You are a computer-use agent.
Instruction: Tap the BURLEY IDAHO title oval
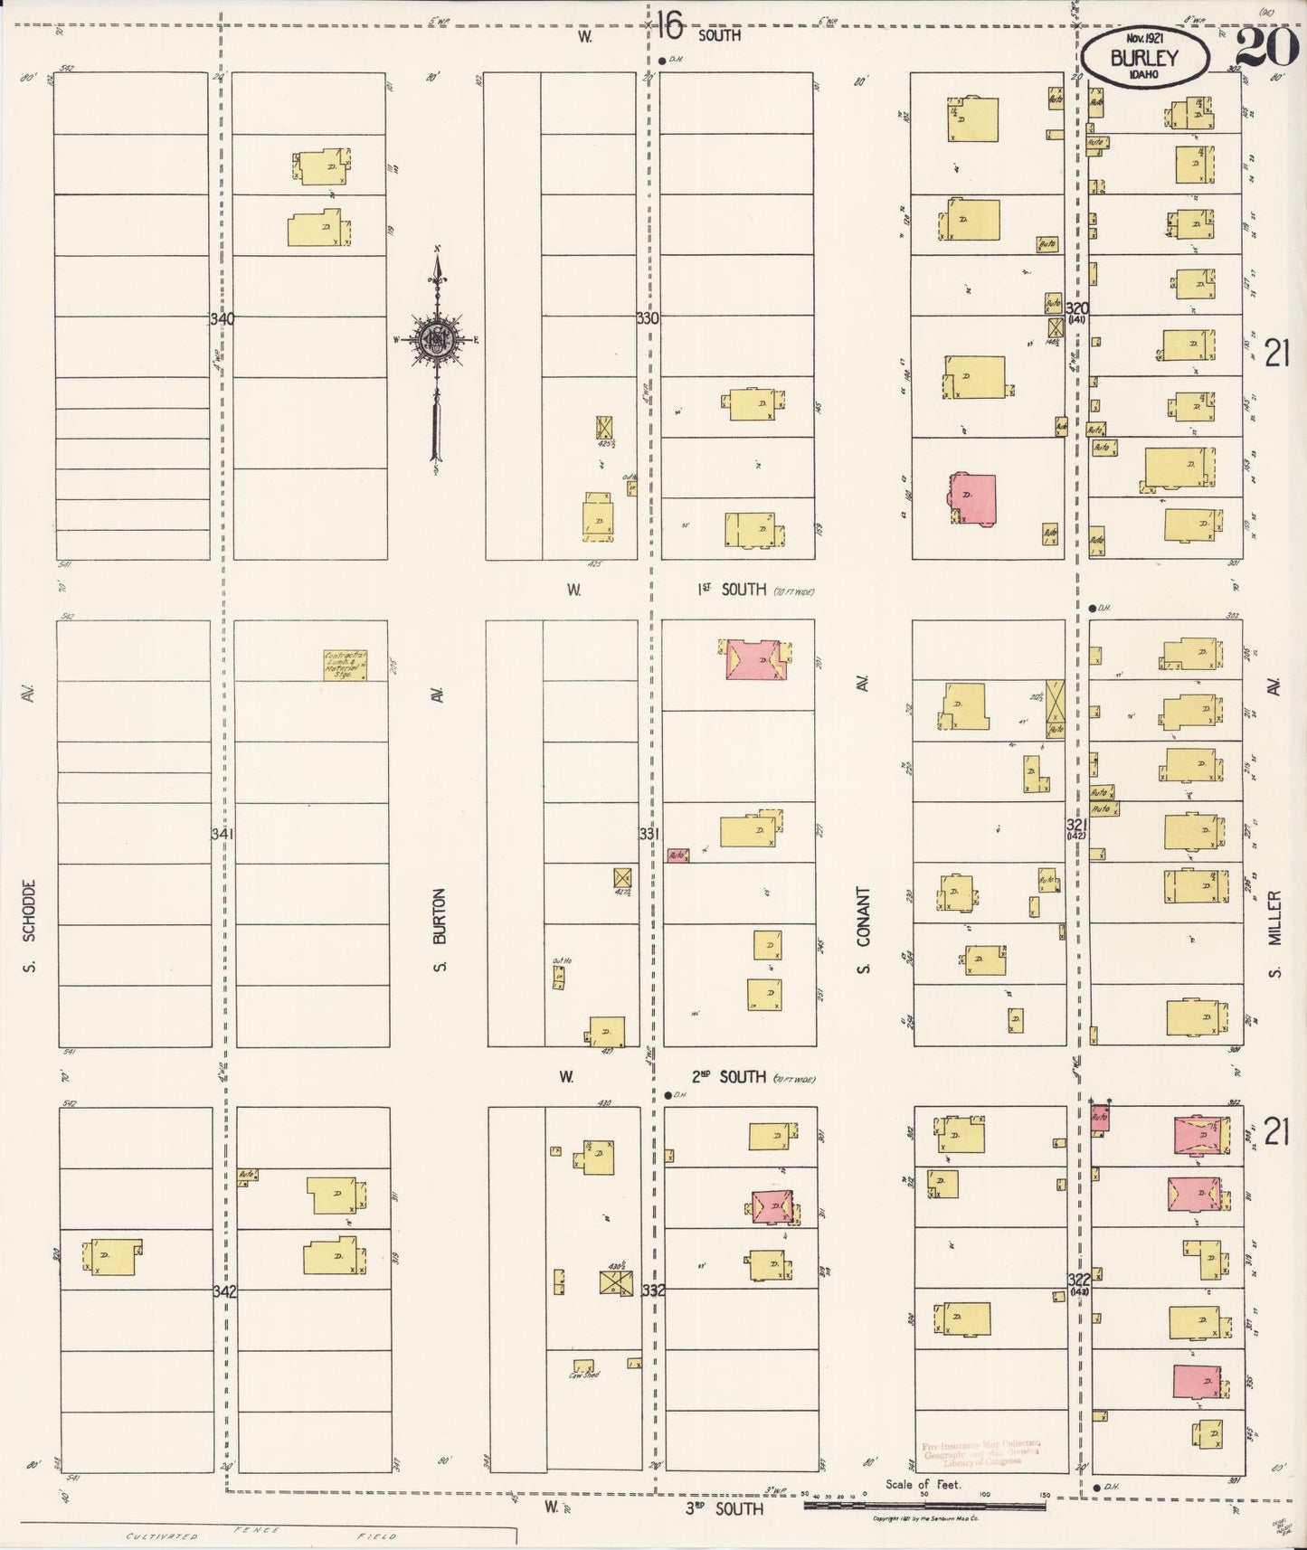[x=1146, y=59]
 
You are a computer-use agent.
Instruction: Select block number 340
[x=222, y=319]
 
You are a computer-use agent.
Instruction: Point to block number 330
[x=648, y=319]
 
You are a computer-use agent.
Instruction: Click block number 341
[x=223, y=834]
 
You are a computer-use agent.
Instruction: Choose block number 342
[x=224, y=1291]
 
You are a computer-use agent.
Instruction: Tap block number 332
[x=653, y=1290]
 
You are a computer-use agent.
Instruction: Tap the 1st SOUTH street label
[x=732, y=590]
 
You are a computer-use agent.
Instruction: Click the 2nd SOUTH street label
[x=729, y=1077]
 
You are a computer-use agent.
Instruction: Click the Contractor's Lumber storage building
[x=345, y=665]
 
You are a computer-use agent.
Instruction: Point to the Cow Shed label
[x=584, y=1375]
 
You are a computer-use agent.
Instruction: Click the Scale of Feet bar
[x=924, y=1506]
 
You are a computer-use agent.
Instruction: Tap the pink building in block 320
[x=972, y=498]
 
